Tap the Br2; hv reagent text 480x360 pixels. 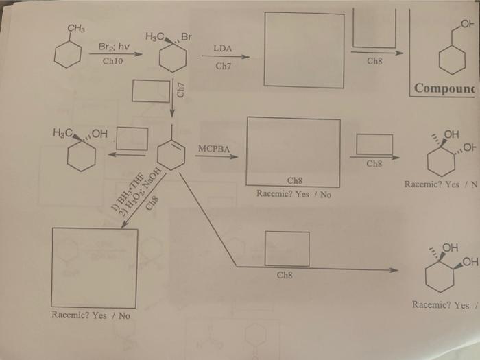tap(113, 47)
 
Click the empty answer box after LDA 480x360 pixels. tap(303, 50)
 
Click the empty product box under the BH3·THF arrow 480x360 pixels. tap(95, 267)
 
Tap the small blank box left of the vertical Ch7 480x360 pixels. tap(150, 91)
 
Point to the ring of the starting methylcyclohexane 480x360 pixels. tap(69, 54)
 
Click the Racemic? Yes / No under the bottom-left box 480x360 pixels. tap(91, 315)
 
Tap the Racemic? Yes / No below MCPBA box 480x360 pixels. tap(293, 194)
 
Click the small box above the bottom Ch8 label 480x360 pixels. tap(286, 248)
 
